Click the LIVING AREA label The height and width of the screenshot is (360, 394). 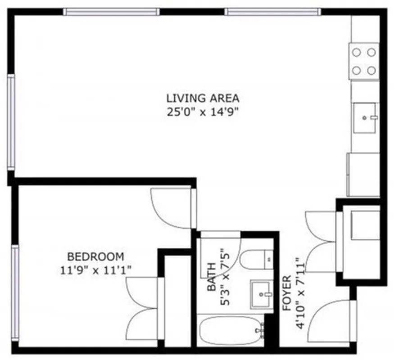click(x=203, y=98)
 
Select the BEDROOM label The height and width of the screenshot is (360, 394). click(x=95, y=257)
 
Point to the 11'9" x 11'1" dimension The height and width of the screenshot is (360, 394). click(x=95, y=270)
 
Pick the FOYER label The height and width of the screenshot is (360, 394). click(x=286, y=293)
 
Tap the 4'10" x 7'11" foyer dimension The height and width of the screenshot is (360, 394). click(x=299, y=293)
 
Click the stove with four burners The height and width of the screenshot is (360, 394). click(x=364, y=61)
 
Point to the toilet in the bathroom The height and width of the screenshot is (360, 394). click(x=255, y=260)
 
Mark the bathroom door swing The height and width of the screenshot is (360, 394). click(x=221, y=254)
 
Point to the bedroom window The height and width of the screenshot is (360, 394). click(x=15, y=292)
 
